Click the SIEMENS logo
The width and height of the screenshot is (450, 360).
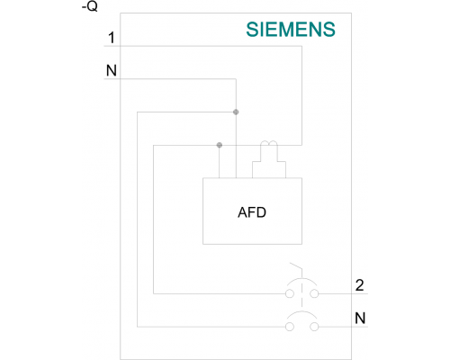click(x=291, y=30)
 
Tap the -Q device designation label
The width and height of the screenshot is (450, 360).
click(x=90, y=6)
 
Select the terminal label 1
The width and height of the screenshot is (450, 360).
click(x=112, y=38)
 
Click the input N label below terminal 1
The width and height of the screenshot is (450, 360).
click(x=112, y=71)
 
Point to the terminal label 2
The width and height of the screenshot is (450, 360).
click(x=359, y=285)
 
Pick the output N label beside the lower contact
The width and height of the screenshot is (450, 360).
click(x=360, y=318)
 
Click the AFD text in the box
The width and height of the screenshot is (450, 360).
click(x=252, y=212)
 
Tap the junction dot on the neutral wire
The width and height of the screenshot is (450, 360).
click(x=236, y=112)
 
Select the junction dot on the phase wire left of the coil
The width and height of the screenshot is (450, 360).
click(x=220, y=145)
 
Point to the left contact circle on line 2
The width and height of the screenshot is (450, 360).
click(x=290, y=293)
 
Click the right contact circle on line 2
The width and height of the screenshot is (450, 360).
click(x=314, y=293)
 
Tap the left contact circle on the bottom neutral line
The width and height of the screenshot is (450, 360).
click(x=290, y=327)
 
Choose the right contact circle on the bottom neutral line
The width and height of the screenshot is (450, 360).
click(x=314, y=327)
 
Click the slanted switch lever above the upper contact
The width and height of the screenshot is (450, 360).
click(x=296, y=266)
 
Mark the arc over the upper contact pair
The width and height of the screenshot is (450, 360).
click(x=301, y=279)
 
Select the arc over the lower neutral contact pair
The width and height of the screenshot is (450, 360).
click(x=301, y=312)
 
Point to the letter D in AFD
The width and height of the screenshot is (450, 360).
click(x=261, y=212)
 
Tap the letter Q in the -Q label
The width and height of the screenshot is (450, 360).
click(x=93, y=6)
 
